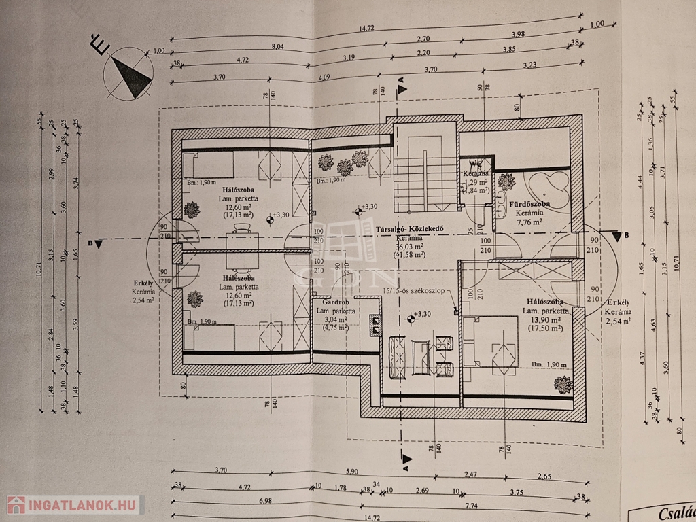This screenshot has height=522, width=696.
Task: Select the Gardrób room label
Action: pos(335,301)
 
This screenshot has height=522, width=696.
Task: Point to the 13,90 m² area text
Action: pos(545,319)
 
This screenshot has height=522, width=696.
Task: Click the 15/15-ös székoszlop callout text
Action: pos(413,291)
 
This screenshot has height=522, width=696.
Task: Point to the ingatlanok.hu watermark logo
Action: pos(73,505)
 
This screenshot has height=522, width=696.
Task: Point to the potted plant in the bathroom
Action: pos(506,181)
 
